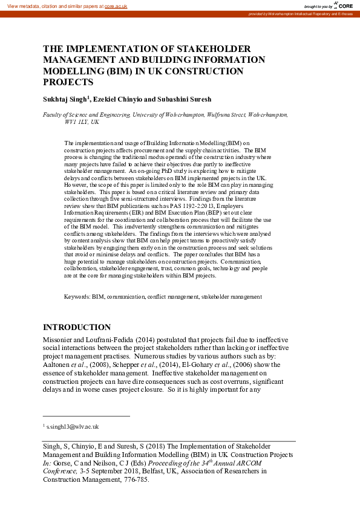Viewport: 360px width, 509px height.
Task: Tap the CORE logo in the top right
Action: pyautogui.click(x=344, y=5)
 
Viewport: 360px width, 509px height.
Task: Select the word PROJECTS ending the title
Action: pyautogui.click(x=68, y=82)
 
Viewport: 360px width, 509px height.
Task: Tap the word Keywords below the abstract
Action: pyautogui.click(x=77, y=297)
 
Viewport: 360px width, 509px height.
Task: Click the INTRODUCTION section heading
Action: pyautogui.click(x=77, y=327)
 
